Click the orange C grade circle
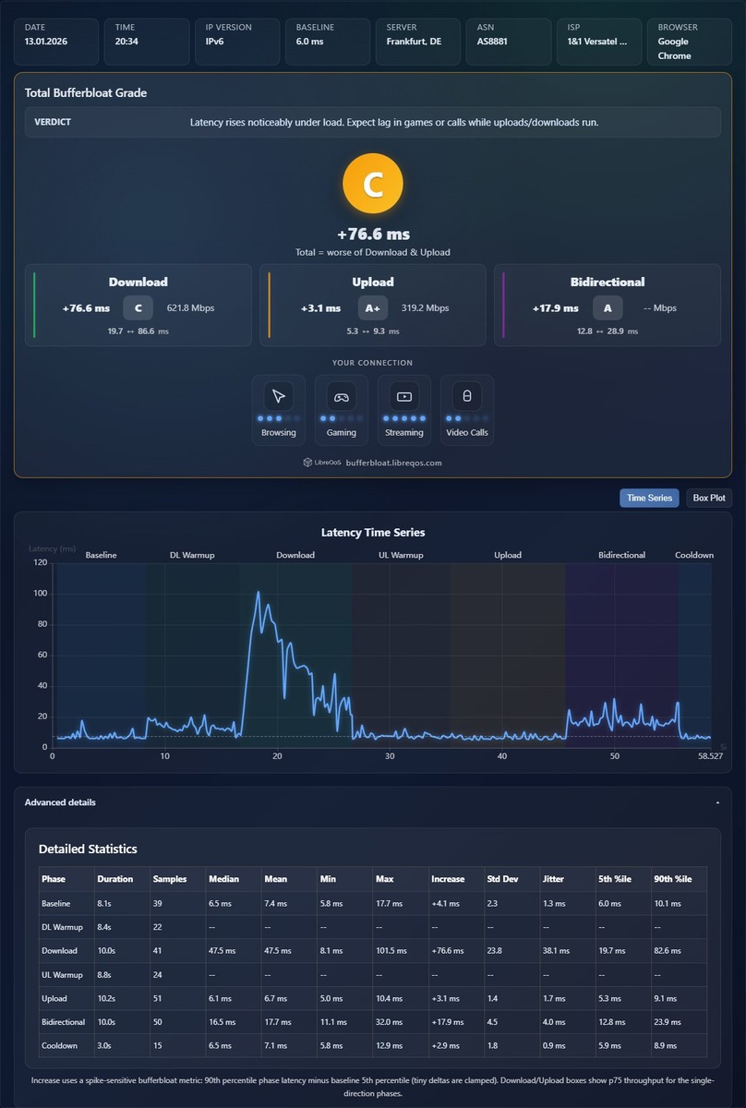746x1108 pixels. [x=372, y=183]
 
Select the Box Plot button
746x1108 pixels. [x=708, y=498]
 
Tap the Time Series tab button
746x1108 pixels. [x=649, y=498]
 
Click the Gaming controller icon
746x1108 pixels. [x=341, y=397]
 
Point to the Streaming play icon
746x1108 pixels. [x=403, y=396]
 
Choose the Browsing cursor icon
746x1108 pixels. [x=279, y=396]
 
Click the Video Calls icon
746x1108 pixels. [x=466, y=396]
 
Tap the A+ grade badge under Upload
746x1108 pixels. [x=372, y=307]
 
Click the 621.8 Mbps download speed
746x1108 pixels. [x=190, y=307]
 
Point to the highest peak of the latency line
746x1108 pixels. [x=258, y=592]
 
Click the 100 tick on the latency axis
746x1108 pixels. [x=40, y=593]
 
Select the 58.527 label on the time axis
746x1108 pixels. [x=710, y=756]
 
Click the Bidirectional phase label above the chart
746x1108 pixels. [x=621, y=555]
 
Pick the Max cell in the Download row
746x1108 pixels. [x=391, y=951]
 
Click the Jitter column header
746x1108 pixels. [x=553, y=879]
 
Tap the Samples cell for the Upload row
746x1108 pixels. [x=157, y=998]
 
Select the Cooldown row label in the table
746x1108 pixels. [x=59, y=1045]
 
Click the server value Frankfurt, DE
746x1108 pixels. [x=414, y=42]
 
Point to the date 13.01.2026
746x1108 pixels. [x=46, y=42]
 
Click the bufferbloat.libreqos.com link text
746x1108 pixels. [x=394, y=463]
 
